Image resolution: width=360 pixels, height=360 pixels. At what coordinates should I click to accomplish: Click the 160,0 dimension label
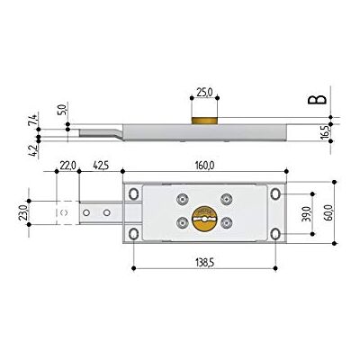pyautogui.click(x=204, y=165)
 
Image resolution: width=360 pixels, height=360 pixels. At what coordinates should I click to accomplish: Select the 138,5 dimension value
pyautogui.click(x=204, y=263)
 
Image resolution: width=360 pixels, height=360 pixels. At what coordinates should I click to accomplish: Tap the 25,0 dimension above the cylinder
pyautogui.click(x=204, y=92)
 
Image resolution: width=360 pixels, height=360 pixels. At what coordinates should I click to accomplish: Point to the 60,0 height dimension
pyautogui.click(x=328, y=212)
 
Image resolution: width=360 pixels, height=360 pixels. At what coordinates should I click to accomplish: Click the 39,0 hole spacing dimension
pyautogui.click(x=305, y=213)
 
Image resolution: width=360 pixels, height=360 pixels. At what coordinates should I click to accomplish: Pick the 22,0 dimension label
pyautogui.click(x=67, y=165)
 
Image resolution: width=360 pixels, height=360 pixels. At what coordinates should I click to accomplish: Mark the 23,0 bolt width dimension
pyautogui.click(x=22, y=212)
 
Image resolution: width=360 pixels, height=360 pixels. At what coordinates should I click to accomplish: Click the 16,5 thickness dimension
pyautogui.click(x=323, y=132)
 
